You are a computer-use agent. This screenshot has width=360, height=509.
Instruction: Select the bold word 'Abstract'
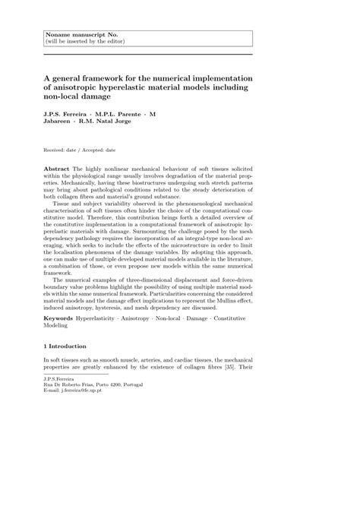click(56, 166)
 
